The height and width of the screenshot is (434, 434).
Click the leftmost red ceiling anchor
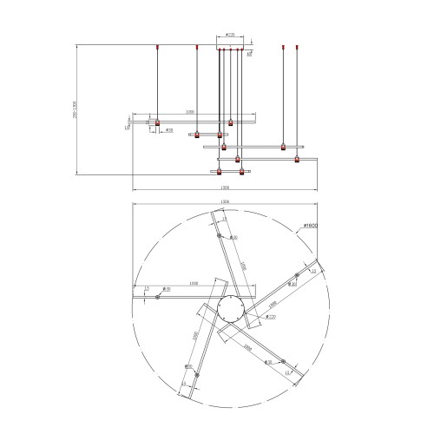pos(157,44)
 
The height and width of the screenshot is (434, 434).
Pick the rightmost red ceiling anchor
pos(298,44)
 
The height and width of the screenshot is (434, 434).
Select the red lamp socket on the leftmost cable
pos(157,122)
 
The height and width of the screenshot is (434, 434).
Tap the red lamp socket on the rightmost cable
pos(298,160)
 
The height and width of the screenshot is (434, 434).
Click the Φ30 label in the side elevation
pos(169,131)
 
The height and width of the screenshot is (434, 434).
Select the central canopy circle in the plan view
pos(233,309)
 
